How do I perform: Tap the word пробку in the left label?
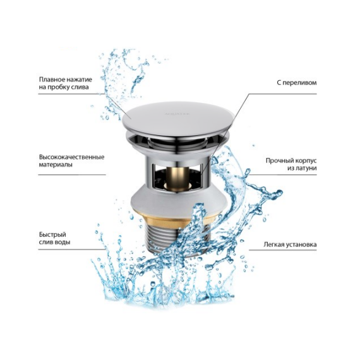[x=58, y=88]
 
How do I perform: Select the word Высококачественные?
[x=71, y=157]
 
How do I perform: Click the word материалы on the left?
[x=56, y=165]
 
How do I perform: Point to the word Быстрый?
[x=52, y=235]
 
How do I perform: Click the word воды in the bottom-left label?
[x=63, y=243]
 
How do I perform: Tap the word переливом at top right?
[x=299, y=83]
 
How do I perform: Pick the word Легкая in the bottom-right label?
[x=274, y=244]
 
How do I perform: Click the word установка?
[x=301, y=245]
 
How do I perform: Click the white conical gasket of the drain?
[x=179, y=200]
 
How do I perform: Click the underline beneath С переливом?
[x=283, y=94]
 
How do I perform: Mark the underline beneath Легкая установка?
[x=283, y=250]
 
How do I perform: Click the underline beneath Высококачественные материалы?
[x=72, y=175]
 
